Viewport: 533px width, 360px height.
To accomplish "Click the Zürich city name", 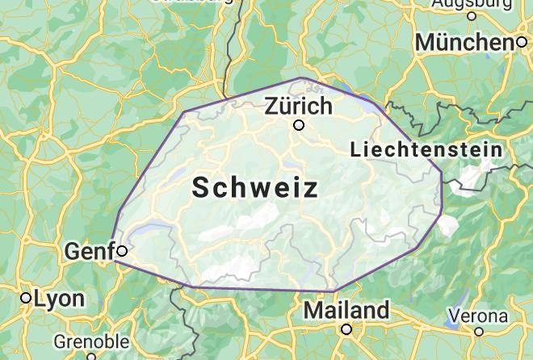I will click(x=298, y=106).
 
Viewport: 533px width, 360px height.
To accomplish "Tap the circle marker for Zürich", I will click(x=299, y=125).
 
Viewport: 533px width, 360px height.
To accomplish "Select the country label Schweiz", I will click(x=255, y=188).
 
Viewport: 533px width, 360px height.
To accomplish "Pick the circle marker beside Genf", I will click(x=122, y=251).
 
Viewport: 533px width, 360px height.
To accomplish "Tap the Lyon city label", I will click(x=59, y=299).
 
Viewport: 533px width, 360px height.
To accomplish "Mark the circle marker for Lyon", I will click(x=27, y=299).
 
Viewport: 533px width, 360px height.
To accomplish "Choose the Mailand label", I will click(x=346, y=310).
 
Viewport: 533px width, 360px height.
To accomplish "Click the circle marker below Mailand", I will click(x=346, y=329).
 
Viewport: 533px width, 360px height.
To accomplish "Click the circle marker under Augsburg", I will click(x=472, y=15).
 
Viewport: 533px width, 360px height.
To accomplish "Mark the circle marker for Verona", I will click(x=479, y=331).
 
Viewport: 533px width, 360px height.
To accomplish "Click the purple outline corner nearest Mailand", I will click(x=334, y=291).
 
